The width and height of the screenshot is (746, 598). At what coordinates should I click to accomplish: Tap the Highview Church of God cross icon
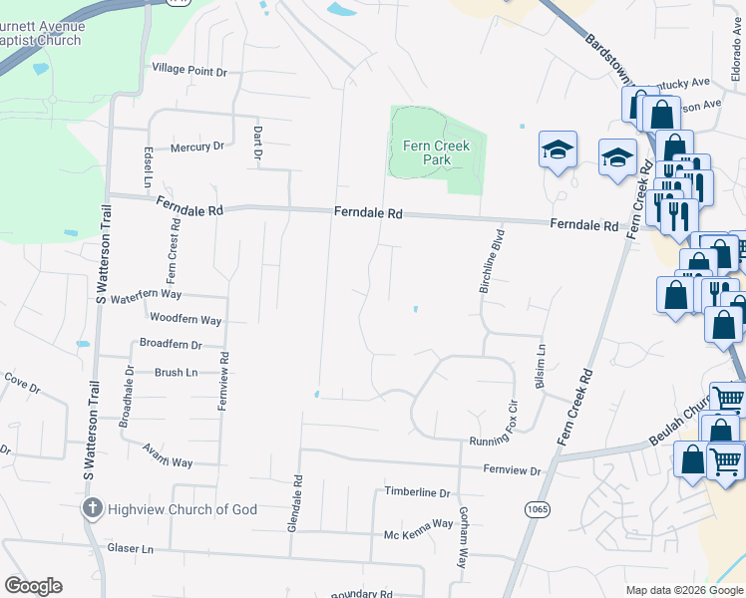point(92,509)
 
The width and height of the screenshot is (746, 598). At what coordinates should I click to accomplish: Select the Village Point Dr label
point(189,72)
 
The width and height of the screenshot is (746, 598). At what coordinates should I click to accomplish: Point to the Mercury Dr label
point(196,147)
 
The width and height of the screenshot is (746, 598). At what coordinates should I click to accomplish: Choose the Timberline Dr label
point(418,492)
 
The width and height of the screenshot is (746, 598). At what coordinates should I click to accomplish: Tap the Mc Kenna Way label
point(419,523)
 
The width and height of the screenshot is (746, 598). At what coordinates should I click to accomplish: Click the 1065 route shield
point(537,509)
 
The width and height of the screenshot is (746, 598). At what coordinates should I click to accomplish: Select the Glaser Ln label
point(131,549)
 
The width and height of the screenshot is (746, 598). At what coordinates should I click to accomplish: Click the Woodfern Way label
point(186,320)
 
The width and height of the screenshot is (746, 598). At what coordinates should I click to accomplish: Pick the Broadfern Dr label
point(171,345)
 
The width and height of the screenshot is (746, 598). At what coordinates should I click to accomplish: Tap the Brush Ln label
point(177,372)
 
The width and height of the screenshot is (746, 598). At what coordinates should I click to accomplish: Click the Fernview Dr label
point(512,470)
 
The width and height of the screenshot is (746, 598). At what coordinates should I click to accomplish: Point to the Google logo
point(33,586)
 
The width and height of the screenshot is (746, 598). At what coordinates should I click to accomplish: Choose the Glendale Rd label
point(295,502)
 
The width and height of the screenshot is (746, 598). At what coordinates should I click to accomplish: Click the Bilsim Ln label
point(542,368)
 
